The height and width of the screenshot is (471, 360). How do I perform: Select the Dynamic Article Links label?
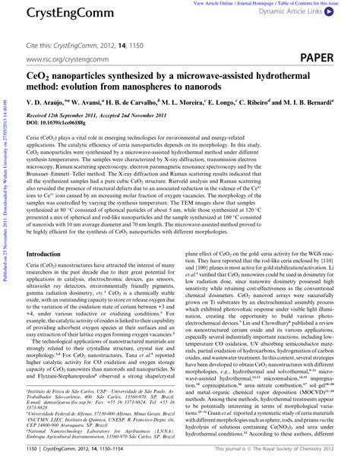pos(308,12)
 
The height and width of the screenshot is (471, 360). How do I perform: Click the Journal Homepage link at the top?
pos(267,3)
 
